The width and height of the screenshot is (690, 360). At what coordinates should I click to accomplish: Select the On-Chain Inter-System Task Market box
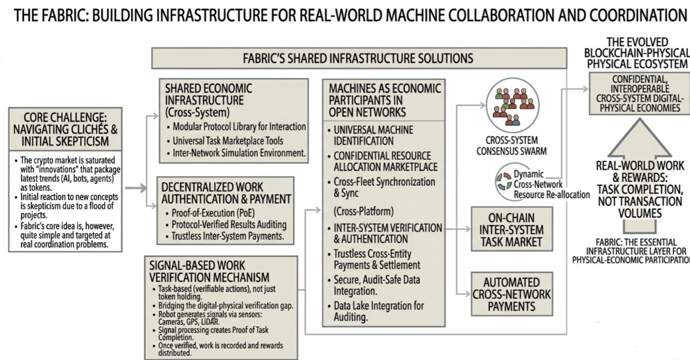[512, 229]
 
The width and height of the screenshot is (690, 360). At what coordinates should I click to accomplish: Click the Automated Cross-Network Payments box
[512, 294]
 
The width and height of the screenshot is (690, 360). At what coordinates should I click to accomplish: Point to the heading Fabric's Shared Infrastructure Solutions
[358, 59]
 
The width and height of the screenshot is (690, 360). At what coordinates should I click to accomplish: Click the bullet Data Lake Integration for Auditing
[379, 311]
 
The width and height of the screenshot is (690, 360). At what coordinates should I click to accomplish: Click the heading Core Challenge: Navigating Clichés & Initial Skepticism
[65, 129]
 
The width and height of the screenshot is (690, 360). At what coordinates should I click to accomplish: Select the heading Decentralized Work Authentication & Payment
[226, 193]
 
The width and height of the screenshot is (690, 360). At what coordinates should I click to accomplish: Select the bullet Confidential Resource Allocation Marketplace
[385, 161]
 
